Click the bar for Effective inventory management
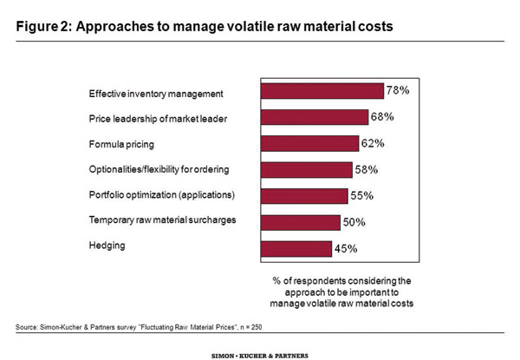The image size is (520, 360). pyautogui.click(x=322, y=91)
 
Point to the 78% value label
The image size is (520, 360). pyautogui.click(x=399, y=90)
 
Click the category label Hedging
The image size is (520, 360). pyautogui.click(x=107, y=245)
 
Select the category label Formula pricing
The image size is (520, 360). pyautogui.click(x=120, y=141)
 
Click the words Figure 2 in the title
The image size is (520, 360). pyautogui.click(x=43, y=26)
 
